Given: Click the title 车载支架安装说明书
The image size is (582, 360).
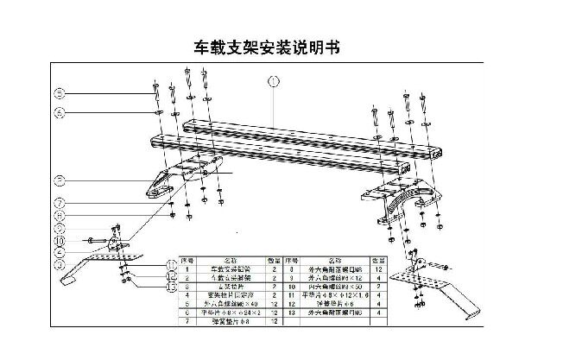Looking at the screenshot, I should pyautogui.click(x=273, y=45).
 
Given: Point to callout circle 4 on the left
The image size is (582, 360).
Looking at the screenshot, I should pyautogui.click(x=60, y=112).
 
